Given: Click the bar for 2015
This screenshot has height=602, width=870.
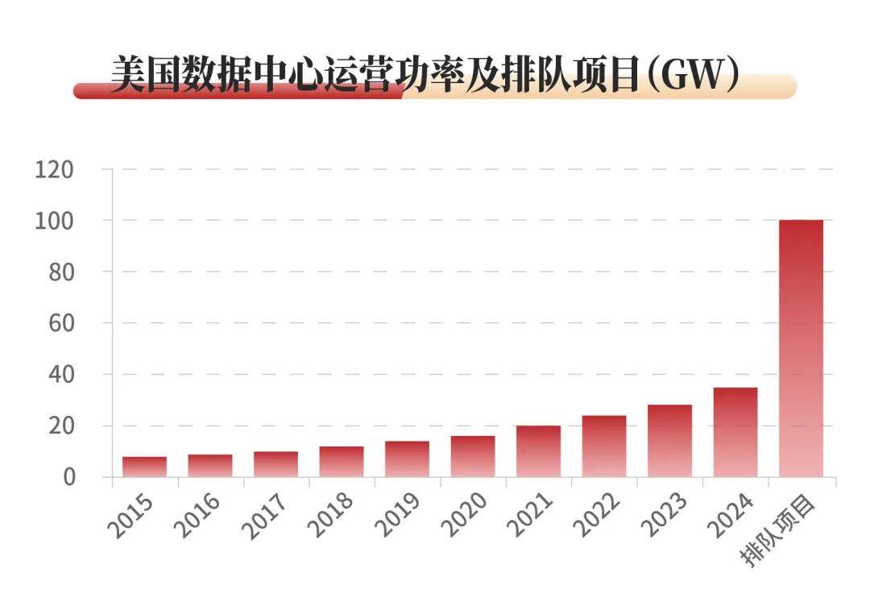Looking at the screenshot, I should (145, 467).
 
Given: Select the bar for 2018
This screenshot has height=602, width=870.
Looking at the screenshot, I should (342, 462).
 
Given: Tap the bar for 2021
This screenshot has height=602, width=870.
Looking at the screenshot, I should (538, 451).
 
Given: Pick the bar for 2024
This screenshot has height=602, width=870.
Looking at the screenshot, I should (735, 433).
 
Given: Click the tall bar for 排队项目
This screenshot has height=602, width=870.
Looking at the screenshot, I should (801, 348).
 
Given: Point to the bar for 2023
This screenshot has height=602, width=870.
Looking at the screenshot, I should (669, 441).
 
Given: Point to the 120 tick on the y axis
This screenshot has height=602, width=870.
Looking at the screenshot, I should (55, 169).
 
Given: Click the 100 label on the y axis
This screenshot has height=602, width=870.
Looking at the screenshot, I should (55, 221).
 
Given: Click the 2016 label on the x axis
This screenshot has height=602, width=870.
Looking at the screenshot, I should (197, 516).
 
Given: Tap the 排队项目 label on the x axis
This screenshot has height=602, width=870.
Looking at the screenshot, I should (780, 532).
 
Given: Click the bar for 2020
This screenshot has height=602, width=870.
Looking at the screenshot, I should (473, 456).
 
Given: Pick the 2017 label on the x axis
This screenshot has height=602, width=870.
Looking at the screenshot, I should (263, 516).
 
